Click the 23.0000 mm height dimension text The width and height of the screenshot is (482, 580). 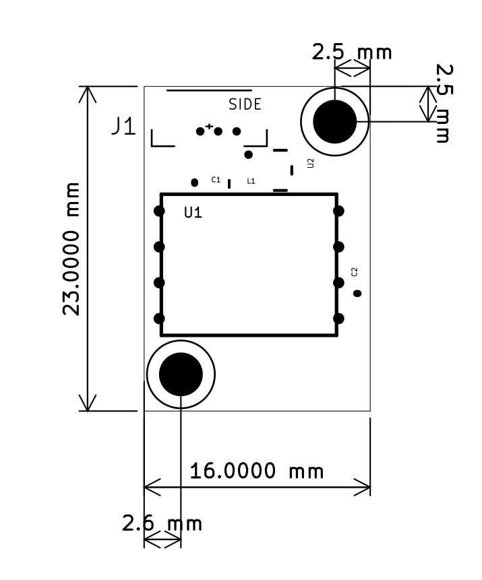click(x=71, y=249)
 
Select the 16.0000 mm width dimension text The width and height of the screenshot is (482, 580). click(x=256, y=470)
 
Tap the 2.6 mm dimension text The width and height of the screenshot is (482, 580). click(x=162, y=523)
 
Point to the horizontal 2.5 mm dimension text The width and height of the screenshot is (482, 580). click(x=351, y=53)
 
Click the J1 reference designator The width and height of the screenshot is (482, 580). click(x=124, y=127)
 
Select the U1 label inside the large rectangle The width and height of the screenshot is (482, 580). click(x=193, y=213)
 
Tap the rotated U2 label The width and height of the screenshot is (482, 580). click(x=310, y=163)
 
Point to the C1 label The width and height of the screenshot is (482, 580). click(x=216, y=180)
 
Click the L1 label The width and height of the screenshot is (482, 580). click(x=251, y=181)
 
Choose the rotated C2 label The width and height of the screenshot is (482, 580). click(x=355, y=271)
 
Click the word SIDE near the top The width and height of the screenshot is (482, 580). click(x=245, y=105)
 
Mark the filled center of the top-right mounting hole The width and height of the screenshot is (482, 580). click(x=334, y=122)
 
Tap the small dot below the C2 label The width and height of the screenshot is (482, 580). click(x=358, y=293)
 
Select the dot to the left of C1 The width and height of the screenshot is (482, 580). click(x=195, y=182)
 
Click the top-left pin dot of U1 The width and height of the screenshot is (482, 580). click(x=160, y=211)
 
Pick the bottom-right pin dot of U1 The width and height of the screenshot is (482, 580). click(x=338, y=319)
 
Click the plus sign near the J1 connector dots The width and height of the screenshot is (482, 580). click(x=209, y=126)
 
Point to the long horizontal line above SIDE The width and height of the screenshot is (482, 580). click(x=209, y=90)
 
